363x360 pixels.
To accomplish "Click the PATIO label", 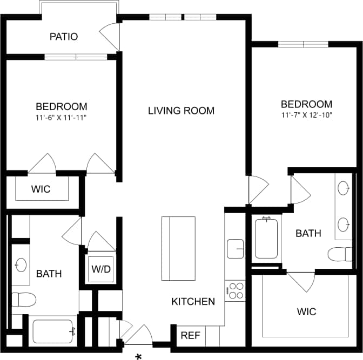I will tap(64, 37).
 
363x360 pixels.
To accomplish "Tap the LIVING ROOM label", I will tap(181, 111).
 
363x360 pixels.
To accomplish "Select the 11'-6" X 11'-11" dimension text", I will tap(62, 117).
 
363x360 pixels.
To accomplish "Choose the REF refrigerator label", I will tap(190, 335).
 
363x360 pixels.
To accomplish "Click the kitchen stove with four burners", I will tap(235, 290).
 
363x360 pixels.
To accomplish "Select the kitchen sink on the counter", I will tap(235, 248).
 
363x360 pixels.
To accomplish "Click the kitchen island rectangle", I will tap(178, 248).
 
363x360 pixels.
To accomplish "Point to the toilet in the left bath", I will tap(23, 299).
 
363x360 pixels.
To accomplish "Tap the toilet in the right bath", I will tap(340, 254).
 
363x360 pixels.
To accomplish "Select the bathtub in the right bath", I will tap(266, 237).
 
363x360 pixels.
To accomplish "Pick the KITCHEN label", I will tap(193, 301).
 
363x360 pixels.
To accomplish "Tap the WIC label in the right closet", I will tap(306, 311).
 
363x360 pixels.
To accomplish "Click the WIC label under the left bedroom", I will tap(41, 189).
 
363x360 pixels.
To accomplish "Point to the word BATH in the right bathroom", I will tap(308, 233).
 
